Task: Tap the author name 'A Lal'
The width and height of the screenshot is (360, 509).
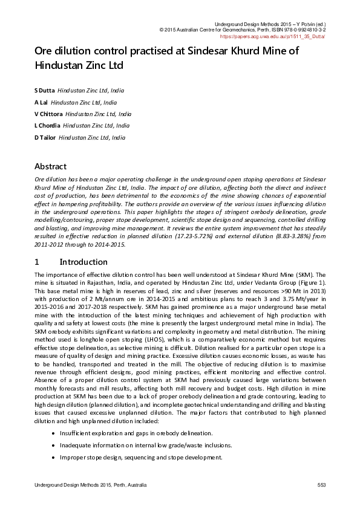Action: tap(41, 102)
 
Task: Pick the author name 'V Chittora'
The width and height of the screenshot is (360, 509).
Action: tap(48, 114)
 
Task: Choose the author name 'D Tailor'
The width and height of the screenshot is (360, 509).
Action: tap(45, 138)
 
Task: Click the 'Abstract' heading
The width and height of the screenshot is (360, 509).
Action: tap(50, 166)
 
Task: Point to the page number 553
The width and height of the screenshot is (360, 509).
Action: tap(322, 485)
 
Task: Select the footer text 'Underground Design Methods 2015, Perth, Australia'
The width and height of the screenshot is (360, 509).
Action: tap(90, 485)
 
